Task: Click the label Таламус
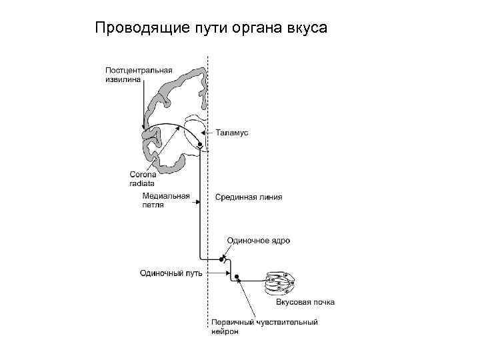coord(232,133)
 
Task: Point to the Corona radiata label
coord(141,179)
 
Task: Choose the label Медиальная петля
coord(166,201)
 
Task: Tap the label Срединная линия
coord(249,197)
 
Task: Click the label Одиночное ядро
coord(258,240)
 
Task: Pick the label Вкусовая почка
coord(305,302)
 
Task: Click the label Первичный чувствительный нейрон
coord(265,327)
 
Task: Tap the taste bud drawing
coord(282,283)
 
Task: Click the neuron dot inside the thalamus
coord(199,144)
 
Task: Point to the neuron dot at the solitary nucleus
coord(221,257)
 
